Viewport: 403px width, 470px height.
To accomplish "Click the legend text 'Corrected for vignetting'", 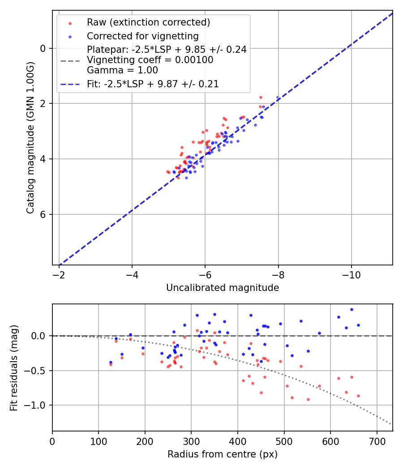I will (143, 36).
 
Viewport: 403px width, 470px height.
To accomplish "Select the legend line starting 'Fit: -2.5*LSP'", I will (153, 84).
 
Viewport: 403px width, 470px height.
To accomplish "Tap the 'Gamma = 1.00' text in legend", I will (122, 70).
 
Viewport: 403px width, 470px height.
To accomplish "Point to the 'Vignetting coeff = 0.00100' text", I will (150, 60).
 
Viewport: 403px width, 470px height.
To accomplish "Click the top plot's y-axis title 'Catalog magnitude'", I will (30, 137).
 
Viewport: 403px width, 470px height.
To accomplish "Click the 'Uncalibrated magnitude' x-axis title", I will (223, 288).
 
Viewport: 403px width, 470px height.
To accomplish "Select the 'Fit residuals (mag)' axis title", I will (14, 367).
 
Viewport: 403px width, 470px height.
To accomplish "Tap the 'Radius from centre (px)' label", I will (223, 454).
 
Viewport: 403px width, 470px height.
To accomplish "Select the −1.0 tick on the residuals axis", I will (38, 405).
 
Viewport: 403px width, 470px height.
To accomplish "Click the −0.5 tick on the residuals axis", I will (38, 371).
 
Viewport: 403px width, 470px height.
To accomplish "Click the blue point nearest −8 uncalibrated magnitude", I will (278, 97).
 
